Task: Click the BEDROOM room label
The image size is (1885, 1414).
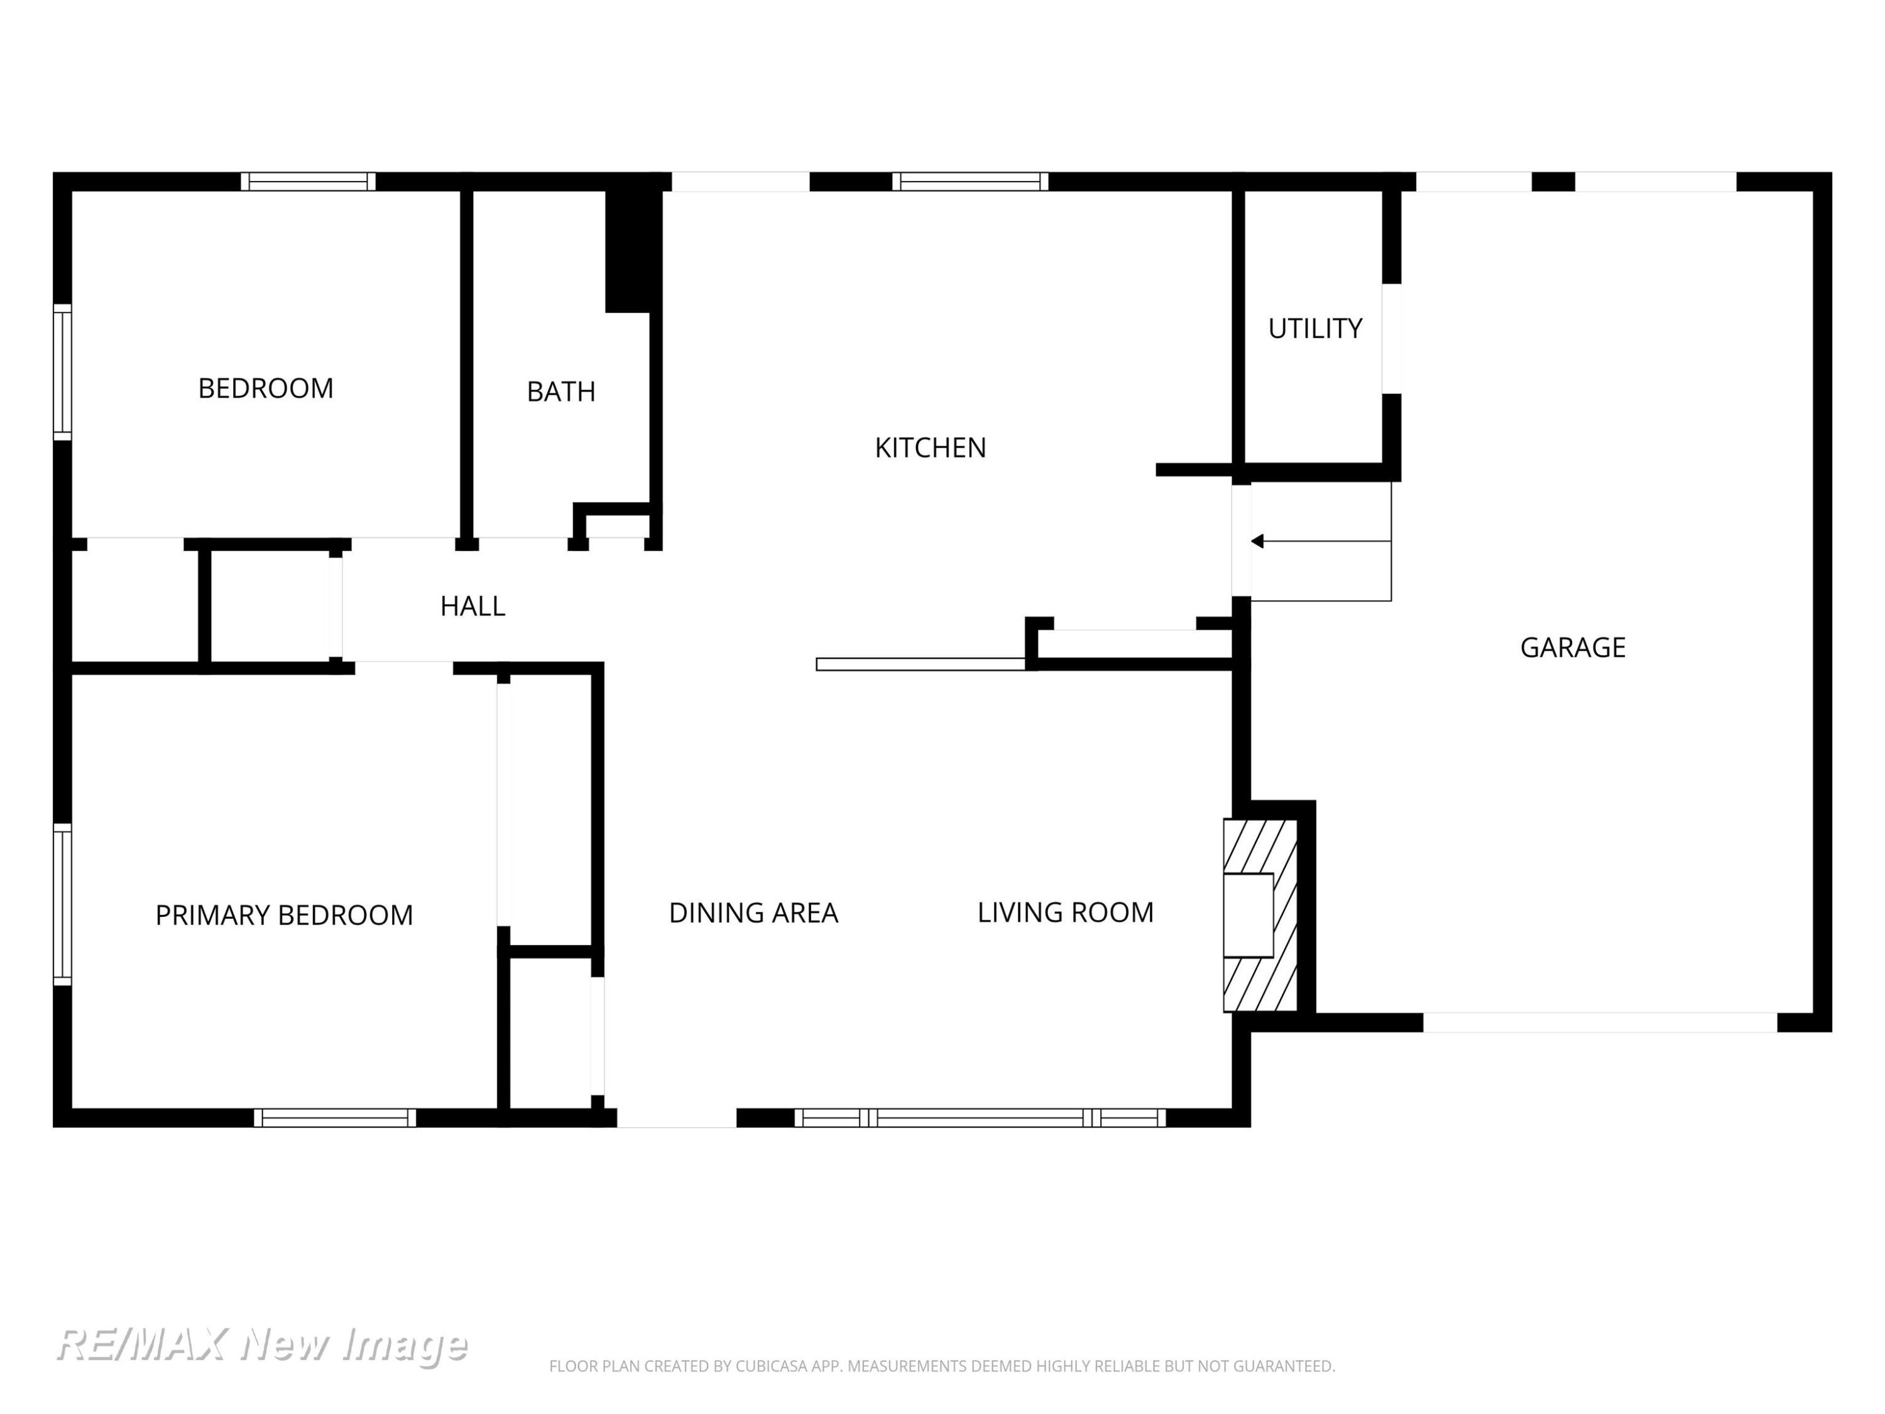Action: (x=265, y=388)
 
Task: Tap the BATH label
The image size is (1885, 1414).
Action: (x=560, y=392)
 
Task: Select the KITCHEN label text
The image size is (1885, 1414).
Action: (x=930, y=448)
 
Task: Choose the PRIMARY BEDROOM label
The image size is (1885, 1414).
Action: (x=284, y=916)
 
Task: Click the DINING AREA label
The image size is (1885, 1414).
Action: (x=753, y=913)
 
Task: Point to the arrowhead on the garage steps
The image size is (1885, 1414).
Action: (x=1257, y=541)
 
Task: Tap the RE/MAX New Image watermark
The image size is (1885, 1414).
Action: (x=261, y=1344)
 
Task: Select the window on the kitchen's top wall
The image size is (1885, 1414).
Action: (x=970, y=182)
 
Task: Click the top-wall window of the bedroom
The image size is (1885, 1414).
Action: (x=308, y=182)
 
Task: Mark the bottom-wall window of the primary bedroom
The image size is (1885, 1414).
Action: (x=335, y=1118)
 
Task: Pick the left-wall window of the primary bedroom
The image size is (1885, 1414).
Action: (x=62, y=904)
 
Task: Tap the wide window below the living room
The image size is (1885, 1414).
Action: (x=980, y=1118)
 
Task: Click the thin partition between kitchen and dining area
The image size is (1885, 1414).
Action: (x=921, y=665)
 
